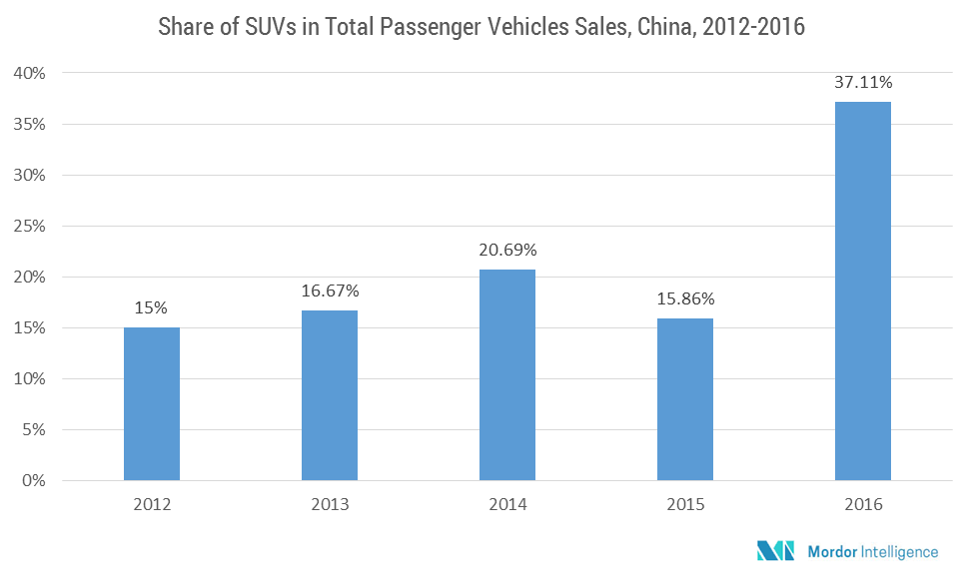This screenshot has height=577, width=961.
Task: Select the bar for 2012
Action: [152, 404]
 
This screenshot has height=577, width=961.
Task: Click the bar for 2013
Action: [330, 395]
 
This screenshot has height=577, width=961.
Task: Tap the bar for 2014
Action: [507, 375]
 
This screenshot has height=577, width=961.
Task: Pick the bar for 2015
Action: [685, 399]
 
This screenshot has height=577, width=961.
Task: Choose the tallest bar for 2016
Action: [863, 291]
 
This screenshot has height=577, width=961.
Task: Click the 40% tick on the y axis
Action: [31, 73]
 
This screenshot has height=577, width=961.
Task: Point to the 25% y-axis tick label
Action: [31, 226]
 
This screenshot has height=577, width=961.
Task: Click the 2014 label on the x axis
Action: [507, 505]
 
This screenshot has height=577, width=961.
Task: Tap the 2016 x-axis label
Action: [863, 505]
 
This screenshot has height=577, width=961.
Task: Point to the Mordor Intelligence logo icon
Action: [775, 550]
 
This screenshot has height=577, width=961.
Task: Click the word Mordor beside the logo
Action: [829, 551]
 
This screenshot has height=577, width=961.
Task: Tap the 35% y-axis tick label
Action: [31, 124]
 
